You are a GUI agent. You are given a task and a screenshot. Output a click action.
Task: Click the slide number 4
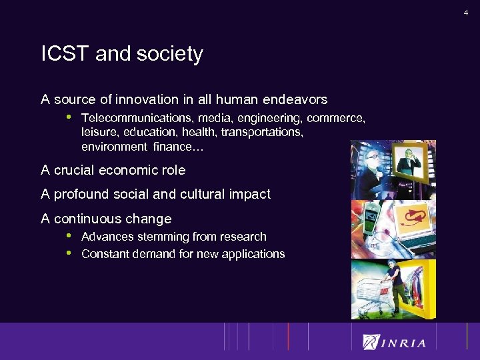click(x=466, y=13)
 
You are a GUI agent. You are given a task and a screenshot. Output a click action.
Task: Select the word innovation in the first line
click(x=145, y=100)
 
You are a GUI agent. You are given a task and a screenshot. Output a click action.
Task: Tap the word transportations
click(x=260, y=133)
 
